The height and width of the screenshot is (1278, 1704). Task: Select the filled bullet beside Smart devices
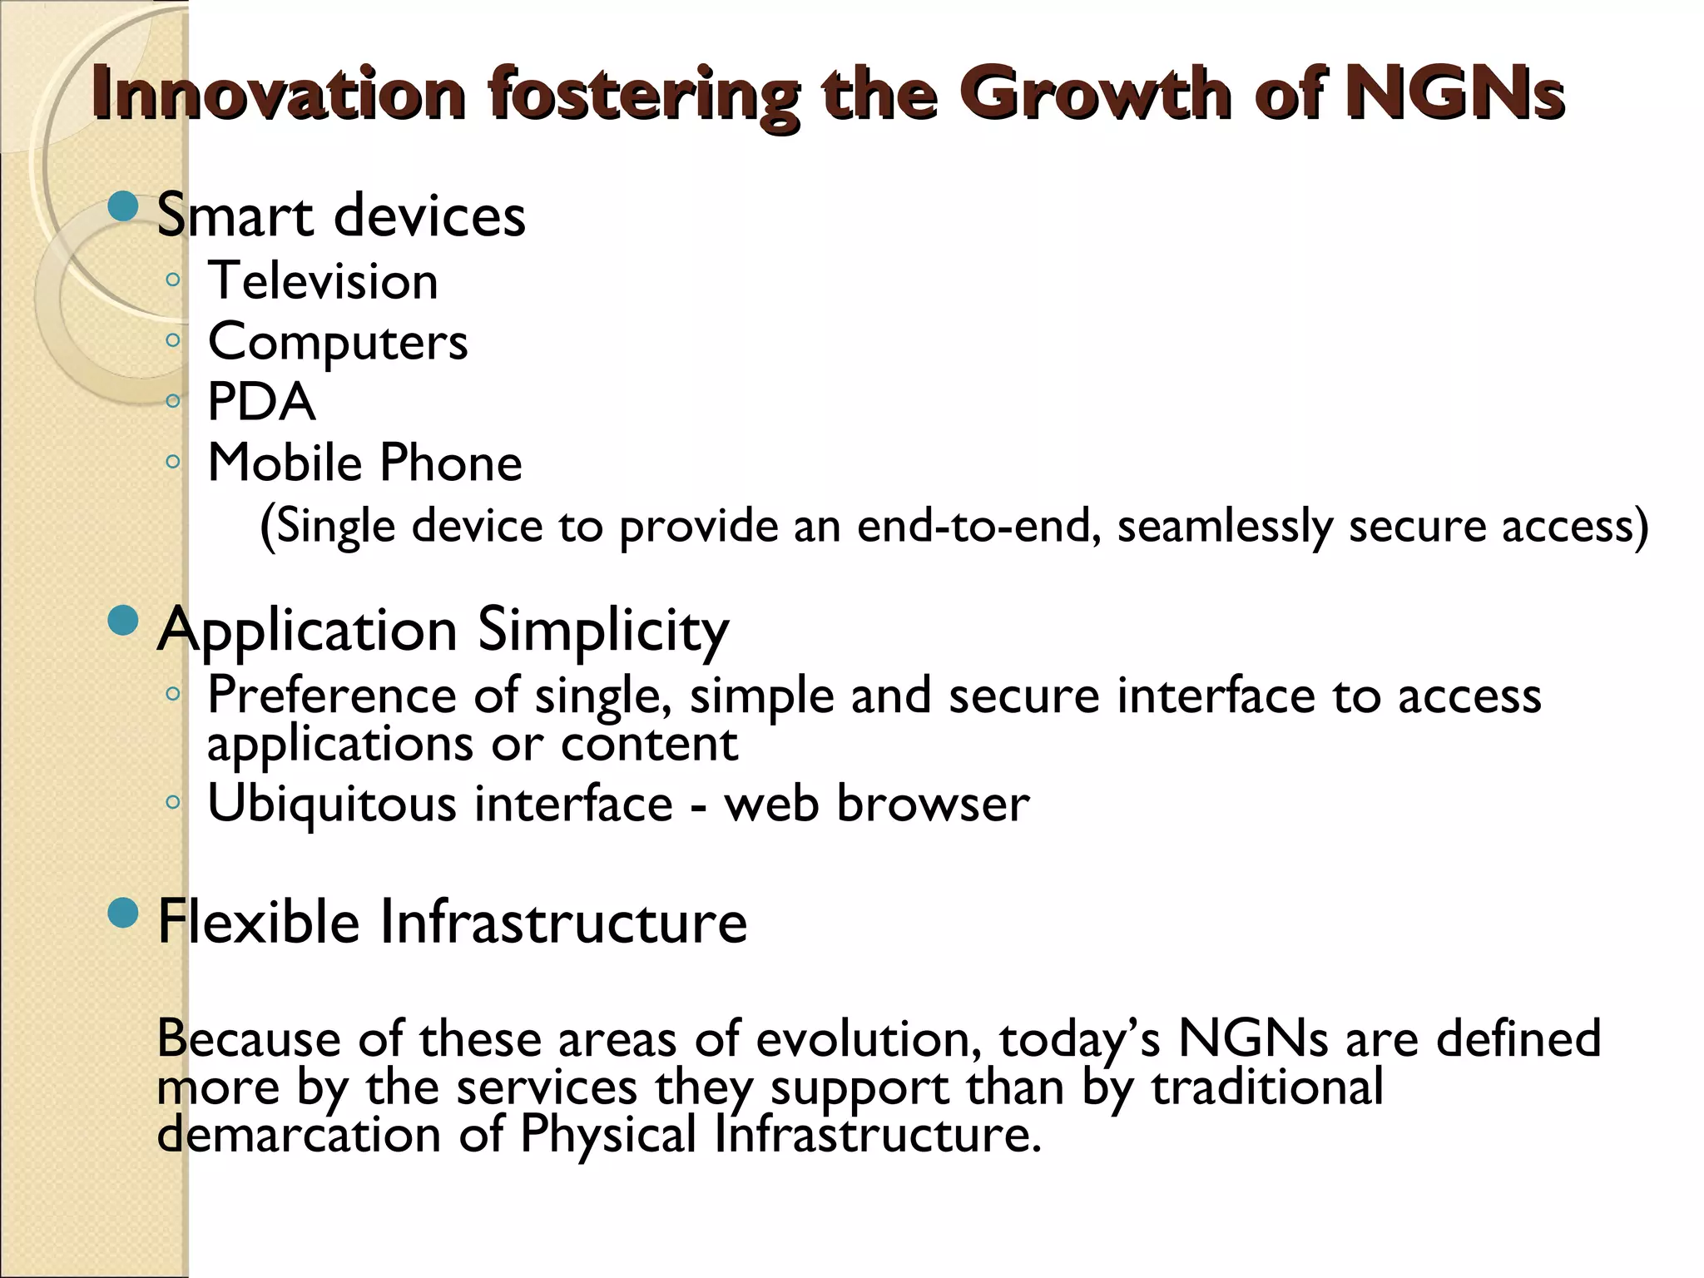123,206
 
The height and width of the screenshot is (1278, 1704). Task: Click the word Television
323,280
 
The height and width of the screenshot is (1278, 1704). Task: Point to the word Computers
338,341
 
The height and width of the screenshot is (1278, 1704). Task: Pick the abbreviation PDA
261,402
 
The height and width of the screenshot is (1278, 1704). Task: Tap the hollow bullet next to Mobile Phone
172,461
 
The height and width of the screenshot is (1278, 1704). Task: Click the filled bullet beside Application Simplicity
123,621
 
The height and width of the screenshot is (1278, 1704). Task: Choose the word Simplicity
603,631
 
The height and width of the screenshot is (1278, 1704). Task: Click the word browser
933,804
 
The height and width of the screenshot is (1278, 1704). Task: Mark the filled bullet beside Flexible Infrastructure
123,914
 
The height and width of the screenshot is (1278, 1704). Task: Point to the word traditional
1267,1087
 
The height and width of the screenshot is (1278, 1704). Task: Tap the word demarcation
299,1134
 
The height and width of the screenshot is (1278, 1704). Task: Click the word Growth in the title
1097,93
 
